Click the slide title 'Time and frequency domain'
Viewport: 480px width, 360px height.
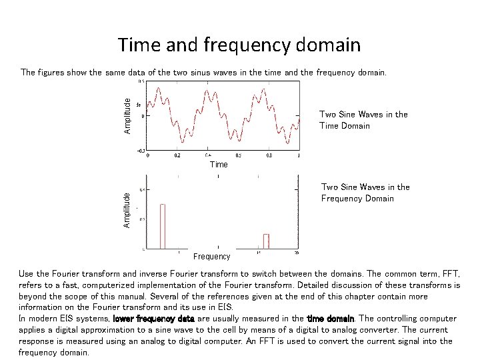(239, 45)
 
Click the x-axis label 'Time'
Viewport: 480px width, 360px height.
(219, 164)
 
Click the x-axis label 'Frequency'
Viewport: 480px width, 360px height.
(211, 257)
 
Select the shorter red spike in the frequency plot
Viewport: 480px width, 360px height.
(266, 241)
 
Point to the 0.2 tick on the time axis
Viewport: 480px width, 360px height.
(177, 155)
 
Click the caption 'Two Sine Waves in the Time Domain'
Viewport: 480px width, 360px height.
(363, 120)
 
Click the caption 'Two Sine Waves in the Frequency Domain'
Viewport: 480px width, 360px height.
(365, 193)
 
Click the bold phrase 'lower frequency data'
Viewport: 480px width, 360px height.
(154, 319)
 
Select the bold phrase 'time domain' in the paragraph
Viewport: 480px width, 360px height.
(330, 319)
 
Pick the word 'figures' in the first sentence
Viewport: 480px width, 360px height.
(52, 71)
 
